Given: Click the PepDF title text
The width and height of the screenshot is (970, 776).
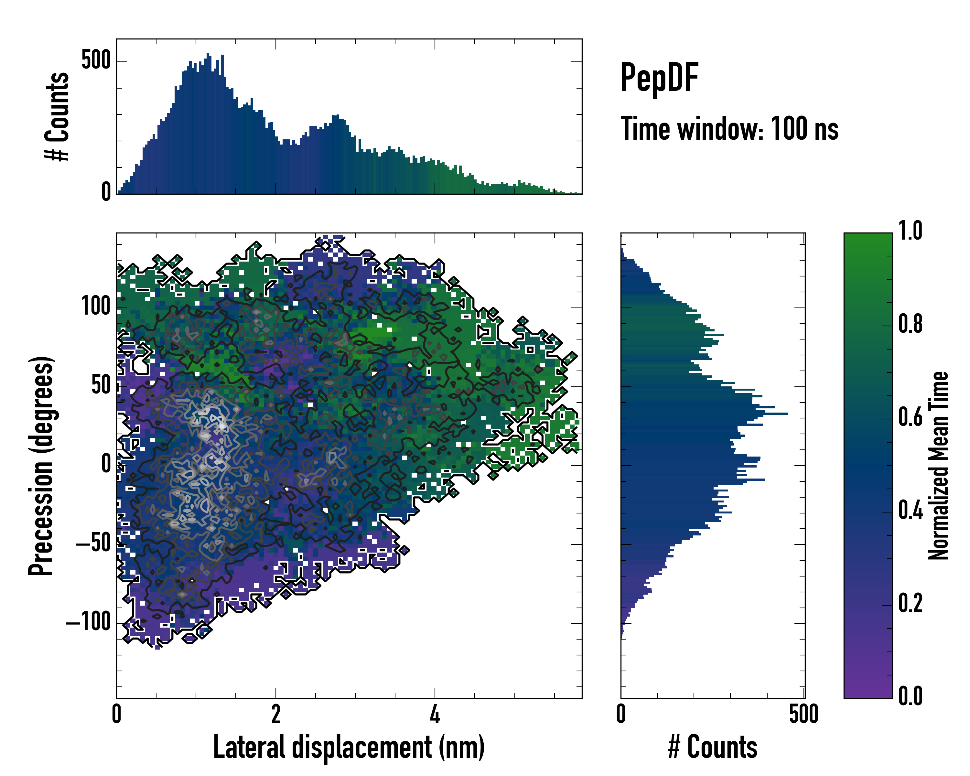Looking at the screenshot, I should (659, 78).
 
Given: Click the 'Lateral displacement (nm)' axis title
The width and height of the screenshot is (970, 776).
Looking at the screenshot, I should (349, 747).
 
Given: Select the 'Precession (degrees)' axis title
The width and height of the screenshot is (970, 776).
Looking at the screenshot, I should (41, 466).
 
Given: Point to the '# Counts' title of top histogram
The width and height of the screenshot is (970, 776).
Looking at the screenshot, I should (57, 116).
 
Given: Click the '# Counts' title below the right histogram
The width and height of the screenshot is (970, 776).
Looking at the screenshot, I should (713, 747).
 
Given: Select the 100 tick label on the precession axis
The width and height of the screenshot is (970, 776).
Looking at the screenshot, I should (96, 307).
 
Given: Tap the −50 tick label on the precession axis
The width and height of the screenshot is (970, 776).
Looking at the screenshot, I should (93, 544).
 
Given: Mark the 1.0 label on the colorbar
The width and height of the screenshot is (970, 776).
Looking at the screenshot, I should (910, 231).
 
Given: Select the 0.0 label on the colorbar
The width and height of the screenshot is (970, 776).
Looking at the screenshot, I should (910, 696).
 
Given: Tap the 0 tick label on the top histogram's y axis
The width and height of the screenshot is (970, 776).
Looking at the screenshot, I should (106, 192).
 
